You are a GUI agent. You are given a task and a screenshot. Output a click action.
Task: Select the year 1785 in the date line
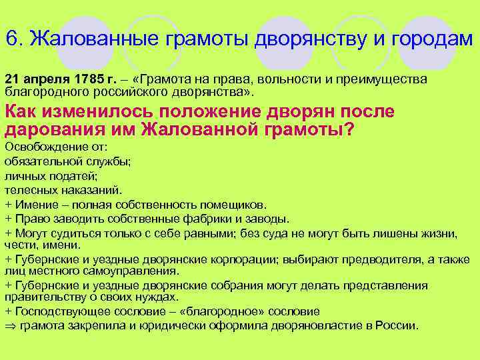[89, 79]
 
